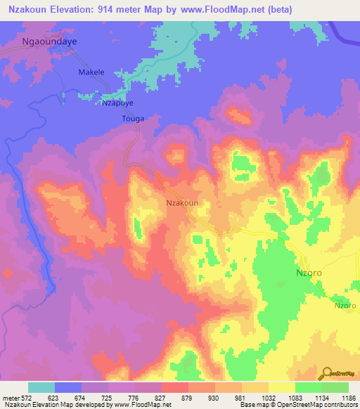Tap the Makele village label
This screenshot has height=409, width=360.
pos(91,72)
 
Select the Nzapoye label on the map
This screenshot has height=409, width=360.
pos(117,103)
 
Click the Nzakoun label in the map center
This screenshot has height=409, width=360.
pos(181,202)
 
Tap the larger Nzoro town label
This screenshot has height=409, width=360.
pos(308,273)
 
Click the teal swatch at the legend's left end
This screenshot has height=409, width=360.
pos(41,387)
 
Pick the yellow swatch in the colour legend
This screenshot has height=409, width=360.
pos(281,387)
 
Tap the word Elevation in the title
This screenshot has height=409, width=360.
pos(78,10)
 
